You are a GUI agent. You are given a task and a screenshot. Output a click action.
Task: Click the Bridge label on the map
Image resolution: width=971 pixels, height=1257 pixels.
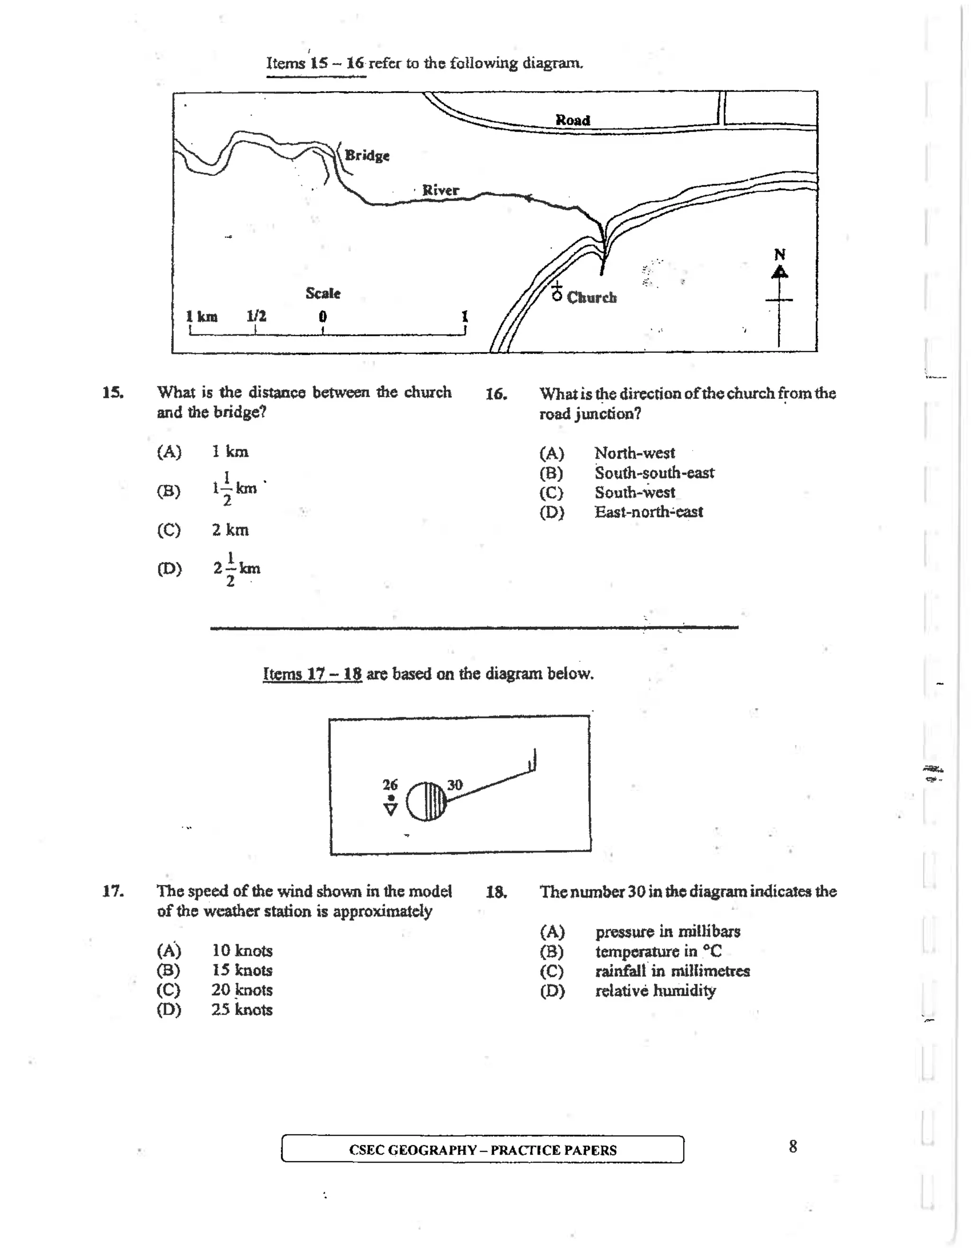click(x=367, y=156)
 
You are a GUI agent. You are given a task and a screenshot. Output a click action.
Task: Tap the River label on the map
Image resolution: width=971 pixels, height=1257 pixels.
click(x=440, y=190)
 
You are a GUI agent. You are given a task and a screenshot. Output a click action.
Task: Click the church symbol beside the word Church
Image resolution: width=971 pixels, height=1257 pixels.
click(x=556, y=292)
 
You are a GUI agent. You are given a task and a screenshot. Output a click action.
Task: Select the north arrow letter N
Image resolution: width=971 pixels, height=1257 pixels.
click(x=779, y=254)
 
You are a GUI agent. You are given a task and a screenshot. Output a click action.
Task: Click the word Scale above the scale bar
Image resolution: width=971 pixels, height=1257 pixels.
click(x=323, y=293)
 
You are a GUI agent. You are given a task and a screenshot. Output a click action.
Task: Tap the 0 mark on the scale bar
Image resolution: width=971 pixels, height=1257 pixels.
click(x=323, y=316)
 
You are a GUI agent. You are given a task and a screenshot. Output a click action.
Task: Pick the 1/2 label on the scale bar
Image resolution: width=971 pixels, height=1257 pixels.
click(x=256, y=316)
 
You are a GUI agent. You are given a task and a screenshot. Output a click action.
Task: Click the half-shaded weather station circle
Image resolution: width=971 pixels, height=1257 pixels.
click(x=426, y=801)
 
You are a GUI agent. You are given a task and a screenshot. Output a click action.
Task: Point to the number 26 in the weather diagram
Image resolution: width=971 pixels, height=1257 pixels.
click(x=390, y=785)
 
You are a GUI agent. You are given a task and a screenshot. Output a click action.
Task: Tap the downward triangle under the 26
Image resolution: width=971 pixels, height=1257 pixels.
click(x=391, y=809)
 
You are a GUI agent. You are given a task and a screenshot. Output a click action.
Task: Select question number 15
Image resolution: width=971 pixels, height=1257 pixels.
click(x=113, y=393)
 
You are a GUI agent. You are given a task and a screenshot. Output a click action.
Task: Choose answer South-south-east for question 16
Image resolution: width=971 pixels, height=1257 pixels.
click(x=654, y=472)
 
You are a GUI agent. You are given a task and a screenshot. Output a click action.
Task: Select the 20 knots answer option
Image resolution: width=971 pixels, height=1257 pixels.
click(x=242, y=989)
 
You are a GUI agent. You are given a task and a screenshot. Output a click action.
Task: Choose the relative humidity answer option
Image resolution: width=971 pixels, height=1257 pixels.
click(x=655, y=990)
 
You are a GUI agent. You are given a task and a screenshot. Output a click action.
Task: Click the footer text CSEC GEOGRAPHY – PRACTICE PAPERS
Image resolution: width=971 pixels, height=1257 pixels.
click(x=483, y=1150)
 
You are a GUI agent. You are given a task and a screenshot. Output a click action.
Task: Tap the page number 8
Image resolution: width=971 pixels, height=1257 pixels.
click(x=793, y=1146)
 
